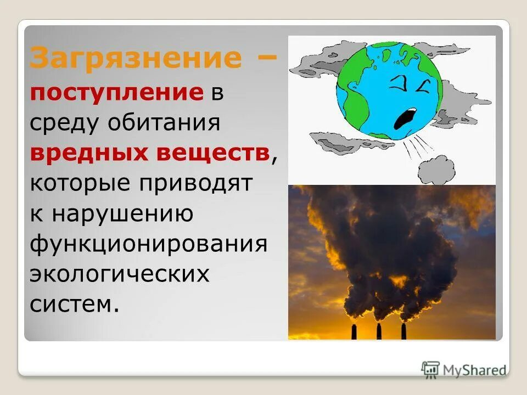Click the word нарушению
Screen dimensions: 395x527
click(122, 213)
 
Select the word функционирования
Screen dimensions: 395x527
click(148, 244)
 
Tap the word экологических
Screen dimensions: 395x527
click(120, 274)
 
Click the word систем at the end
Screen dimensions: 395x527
click(74, 304)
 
